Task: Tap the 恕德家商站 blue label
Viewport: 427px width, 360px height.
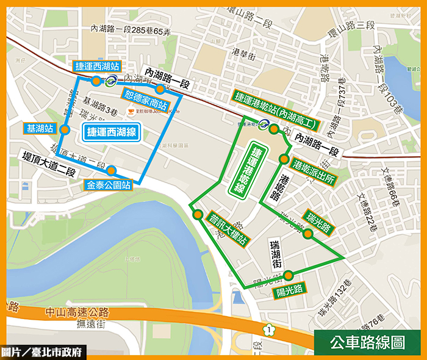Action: (x=146, y=99)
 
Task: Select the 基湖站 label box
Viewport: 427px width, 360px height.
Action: (x=38, y=129)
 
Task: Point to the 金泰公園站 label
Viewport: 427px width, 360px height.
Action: (x=109, y=184)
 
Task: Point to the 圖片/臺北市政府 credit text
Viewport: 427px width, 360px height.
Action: (x=43, y=352)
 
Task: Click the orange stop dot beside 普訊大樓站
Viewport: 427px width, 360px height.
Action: (x=198, y=215)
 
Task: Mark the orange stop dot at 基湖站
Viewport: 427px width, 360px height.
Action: (x=64, y=129)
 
